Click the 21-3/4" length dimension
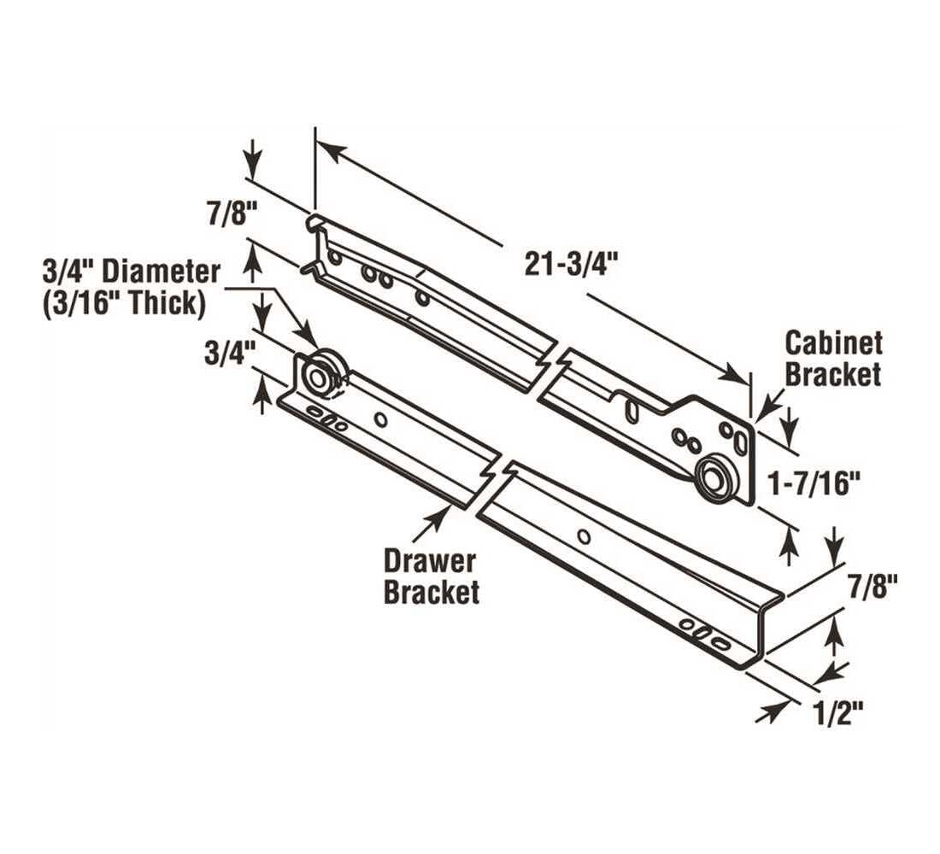point(570,266)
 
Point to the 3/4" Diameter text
point(131,272)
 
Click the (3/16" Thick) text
point(123,303)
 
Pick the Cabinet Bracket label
point(833,359)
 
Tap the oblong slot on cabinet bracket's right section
point(632,411)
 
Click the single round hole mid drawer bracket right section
point(583,536)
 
